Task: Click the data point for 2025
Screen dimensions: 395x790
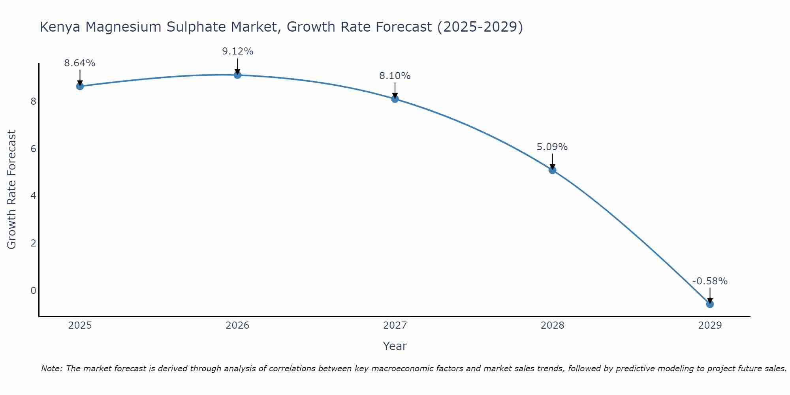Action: coord(80,86)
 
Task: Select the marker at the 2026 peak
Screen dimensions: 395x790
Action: coord(237,75)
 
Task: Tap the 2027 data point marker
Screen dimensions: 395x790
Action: coord(395,99)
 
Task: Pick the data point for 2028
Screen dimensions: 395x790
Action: coord(552,170)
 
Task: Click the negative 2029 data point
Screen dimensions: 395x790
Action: coord(710,304)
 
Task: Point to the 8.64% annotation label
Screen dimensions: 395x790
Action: coord(80,63)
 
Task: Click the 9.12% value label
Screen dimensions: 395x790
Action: coord(237,51)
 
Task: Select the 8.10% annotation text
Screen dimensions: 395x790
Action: coord(395,75)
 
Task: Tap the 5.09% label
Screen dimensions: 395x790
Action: coord(552,147)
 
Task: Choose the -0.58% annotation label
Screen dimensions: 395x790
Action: coord(710,281)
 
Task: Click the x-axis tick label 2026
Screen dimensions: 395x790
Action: coord(237,325)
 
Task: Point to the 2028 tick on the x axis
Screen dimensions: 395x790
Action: coord(552,325)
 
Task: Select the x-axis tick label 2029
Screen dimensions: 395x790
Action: coord(710,325)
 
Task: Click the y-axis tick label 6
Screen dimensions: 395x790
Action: coord(33,149)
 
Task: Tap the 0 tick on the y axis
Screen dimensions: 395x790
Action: coord(33,290)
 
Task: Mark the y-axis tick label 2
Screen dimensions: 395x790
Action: coord(33,243)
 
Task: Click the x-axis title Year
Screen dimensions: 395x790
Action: coord(395,346)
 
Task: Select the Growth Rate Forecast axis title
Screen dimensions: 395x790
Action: coord(12,190)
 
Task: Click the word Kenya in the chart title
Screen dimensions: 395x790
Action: coord(60,27)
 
